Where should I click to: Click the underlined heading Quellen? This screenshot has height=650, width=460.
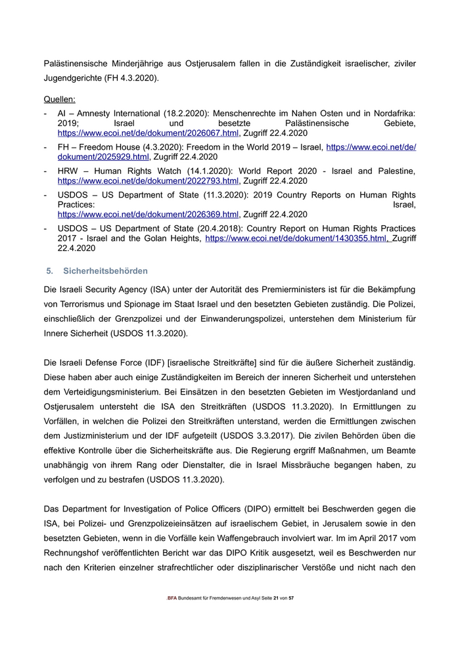[59, 100]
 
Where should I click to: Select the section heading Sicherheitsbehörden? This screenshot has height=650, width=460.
[105, 271]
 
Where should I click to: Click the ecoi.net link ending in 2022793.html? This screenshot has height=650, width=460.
[148, 181]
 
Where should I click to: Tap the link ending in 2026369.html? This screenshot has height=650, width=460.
[148, 214]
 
